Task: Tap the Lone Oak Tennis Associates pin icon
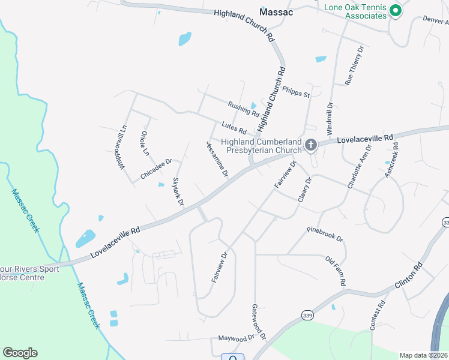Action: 395,10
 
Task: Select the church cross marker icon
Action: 311,145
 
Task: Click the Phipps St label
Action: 297,91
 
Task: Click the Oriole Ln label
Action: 145,143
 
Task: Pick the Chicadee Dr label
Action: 156,169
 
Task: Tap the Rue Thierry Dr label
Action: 354,65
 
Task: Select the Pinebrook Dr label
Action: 324,234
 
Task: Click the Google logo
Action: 20,353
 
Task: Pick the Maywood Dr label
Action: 237,337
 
